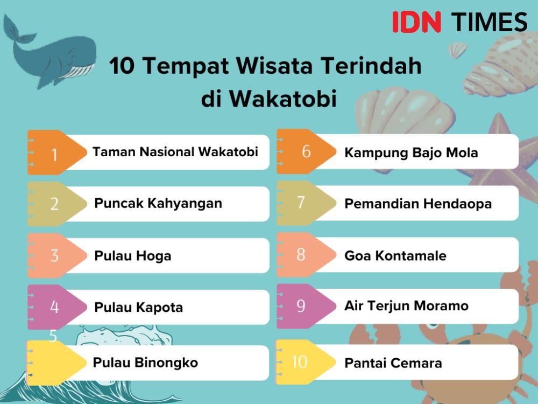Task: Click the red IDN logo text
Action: [x=416, y=22]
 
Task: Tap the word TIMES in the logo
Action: [x=489, y=22]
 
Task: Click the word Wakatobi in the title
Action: [x=283, y=99]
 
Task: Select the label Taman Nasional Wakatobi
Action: [x=175, y=152]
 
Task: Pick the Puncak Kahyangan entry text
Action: [x=158, y=204]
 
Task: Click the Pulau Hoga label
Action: [x=133, y=256]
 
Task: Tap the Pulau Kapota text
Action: [x=139, y=307]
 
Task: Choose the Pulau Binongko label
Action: [x=145, y=363]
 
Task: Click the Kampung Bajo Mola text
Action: [x=411, y=153]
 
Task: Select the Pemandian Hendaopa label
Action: [x=418, y=204]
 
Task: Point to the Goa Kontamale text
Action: [x=395, y=255]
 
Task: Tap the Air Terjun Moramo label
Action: [x=406, y=306]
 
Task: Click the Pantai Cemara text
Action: [x=393, y=363]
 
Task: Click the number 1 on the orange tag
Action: [x=54, y=155]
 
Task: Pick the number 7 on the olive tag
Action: [x=301, y=203]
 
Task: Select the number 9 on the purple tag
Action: [x=301, y=306]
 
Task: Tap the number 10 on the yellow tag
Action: [x=299, y=362]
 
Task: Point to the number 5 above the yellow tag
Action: [x=53, y=336]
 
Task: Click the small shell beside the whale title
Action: [x=458, y=50]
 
